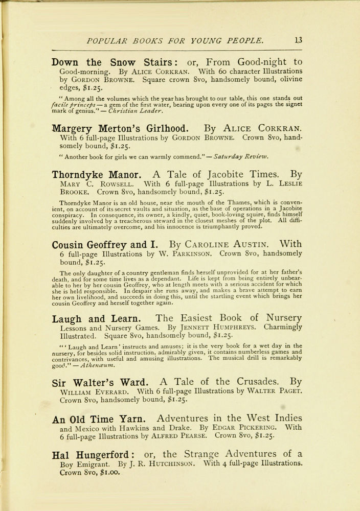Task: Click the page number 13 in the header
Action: coord(298,40)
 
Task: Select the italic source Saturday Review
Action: coord(243,156)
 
